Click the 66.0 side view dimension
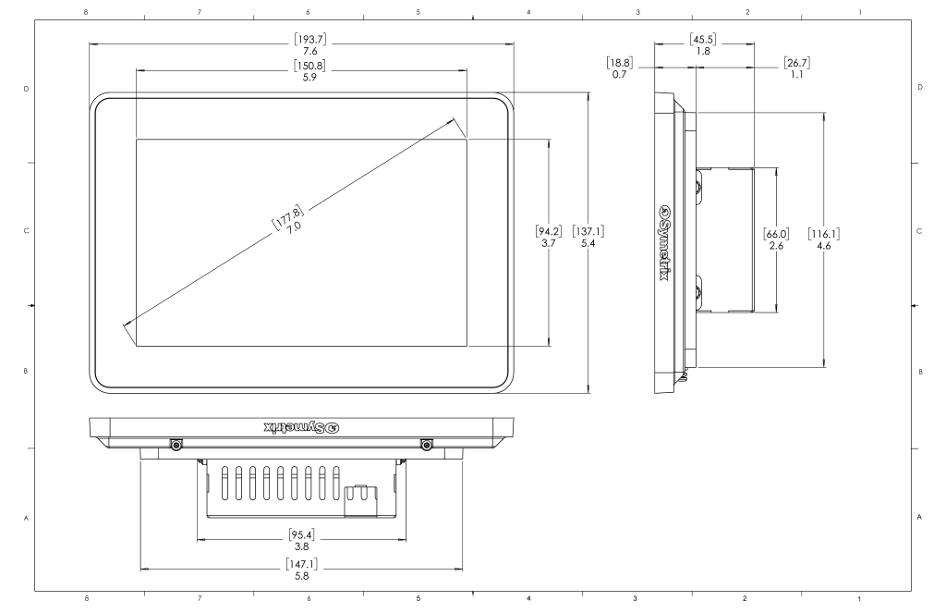775,239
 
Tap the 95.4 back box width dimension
301,539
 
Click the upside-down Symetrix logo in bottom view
302,426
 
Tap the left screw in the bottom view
176,446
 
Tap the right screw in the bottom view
426,446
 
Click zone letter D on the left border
25,89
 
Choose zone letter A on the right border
919,517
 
